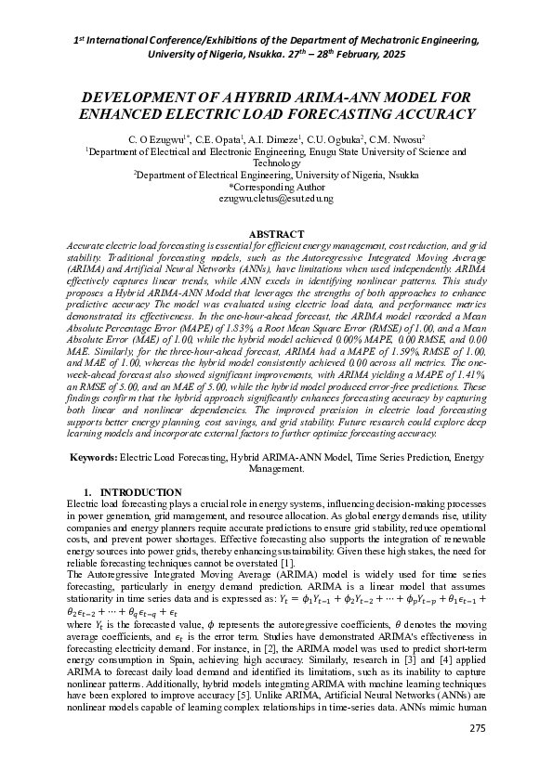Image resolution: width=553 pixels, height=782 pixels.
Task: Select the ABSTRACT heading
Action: coord(276,233)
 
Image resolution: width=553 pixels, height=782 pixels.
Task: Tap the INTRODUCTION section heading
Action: coord(140,492)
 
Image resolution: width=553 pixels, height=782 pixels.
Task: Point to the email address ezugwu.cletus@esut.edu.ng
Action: coord(276,199)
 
